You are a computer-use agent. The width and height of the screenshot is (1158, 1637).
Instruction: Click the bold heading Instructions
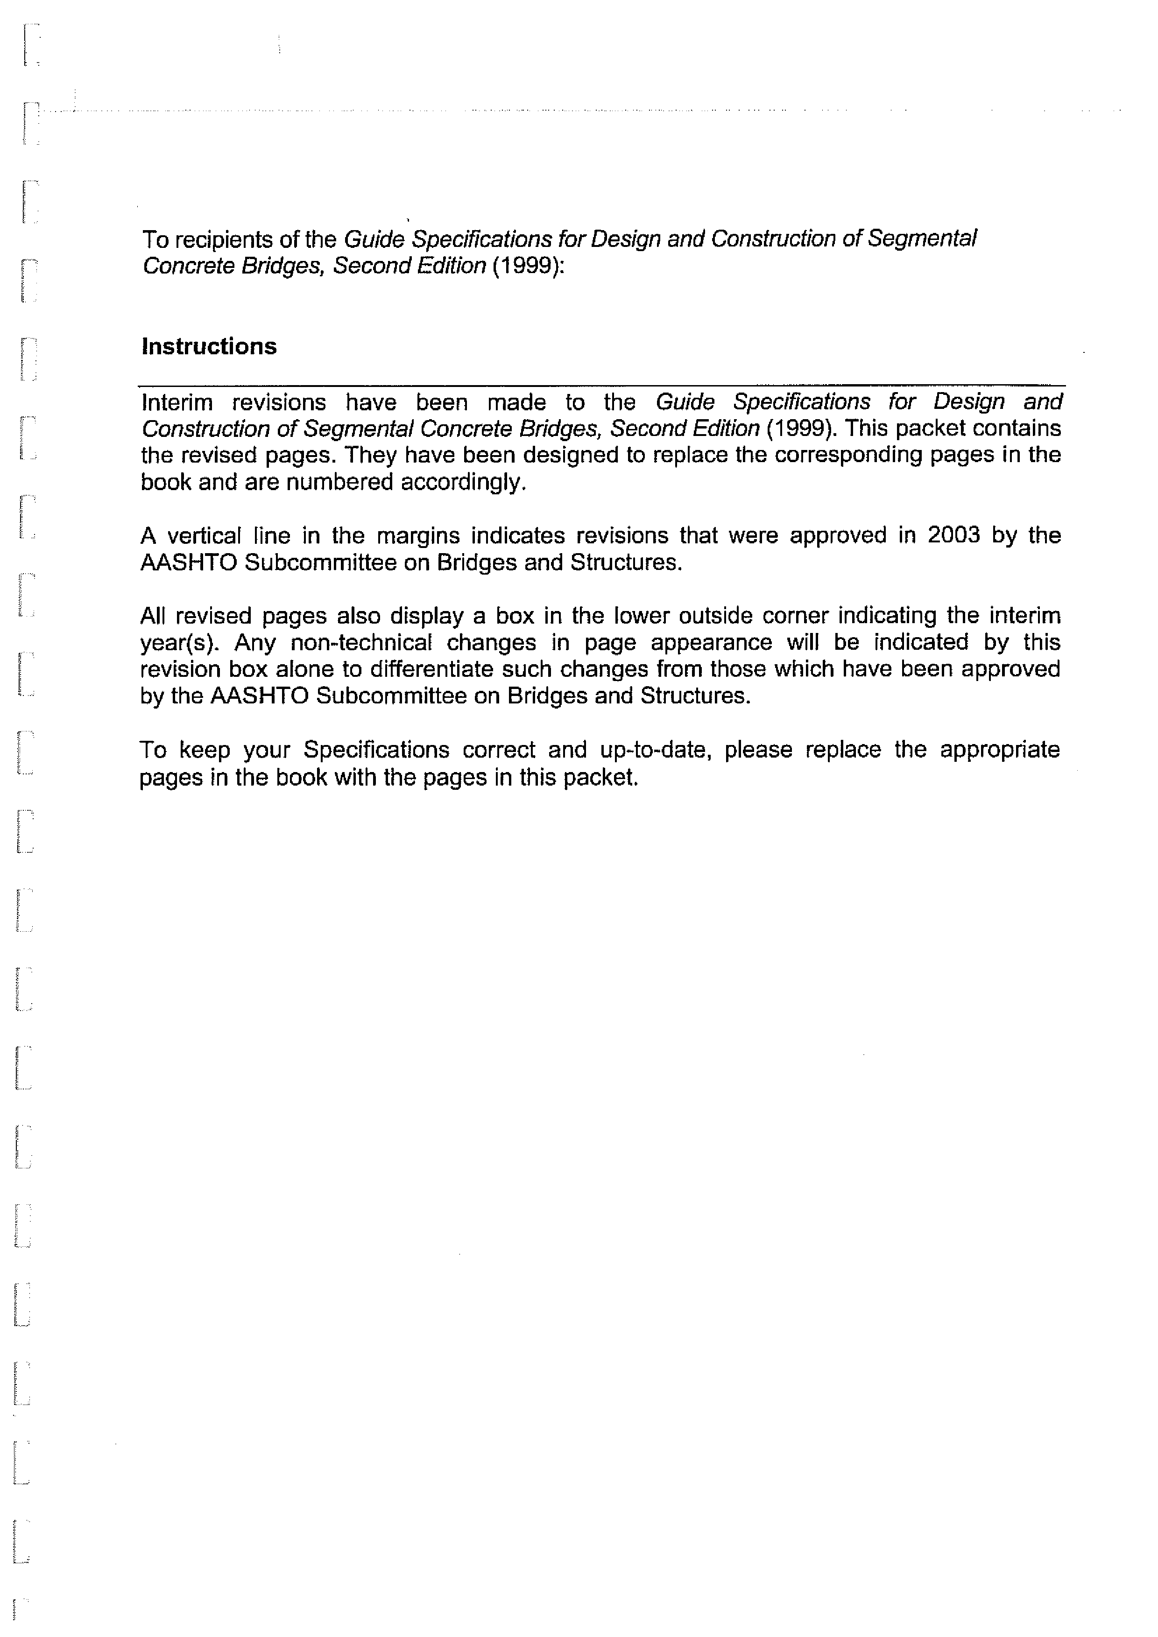[x=209, y=346]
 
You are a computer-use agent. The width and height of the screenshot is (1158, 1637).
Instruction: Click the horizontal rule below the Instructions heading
[x=601, y=386]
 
